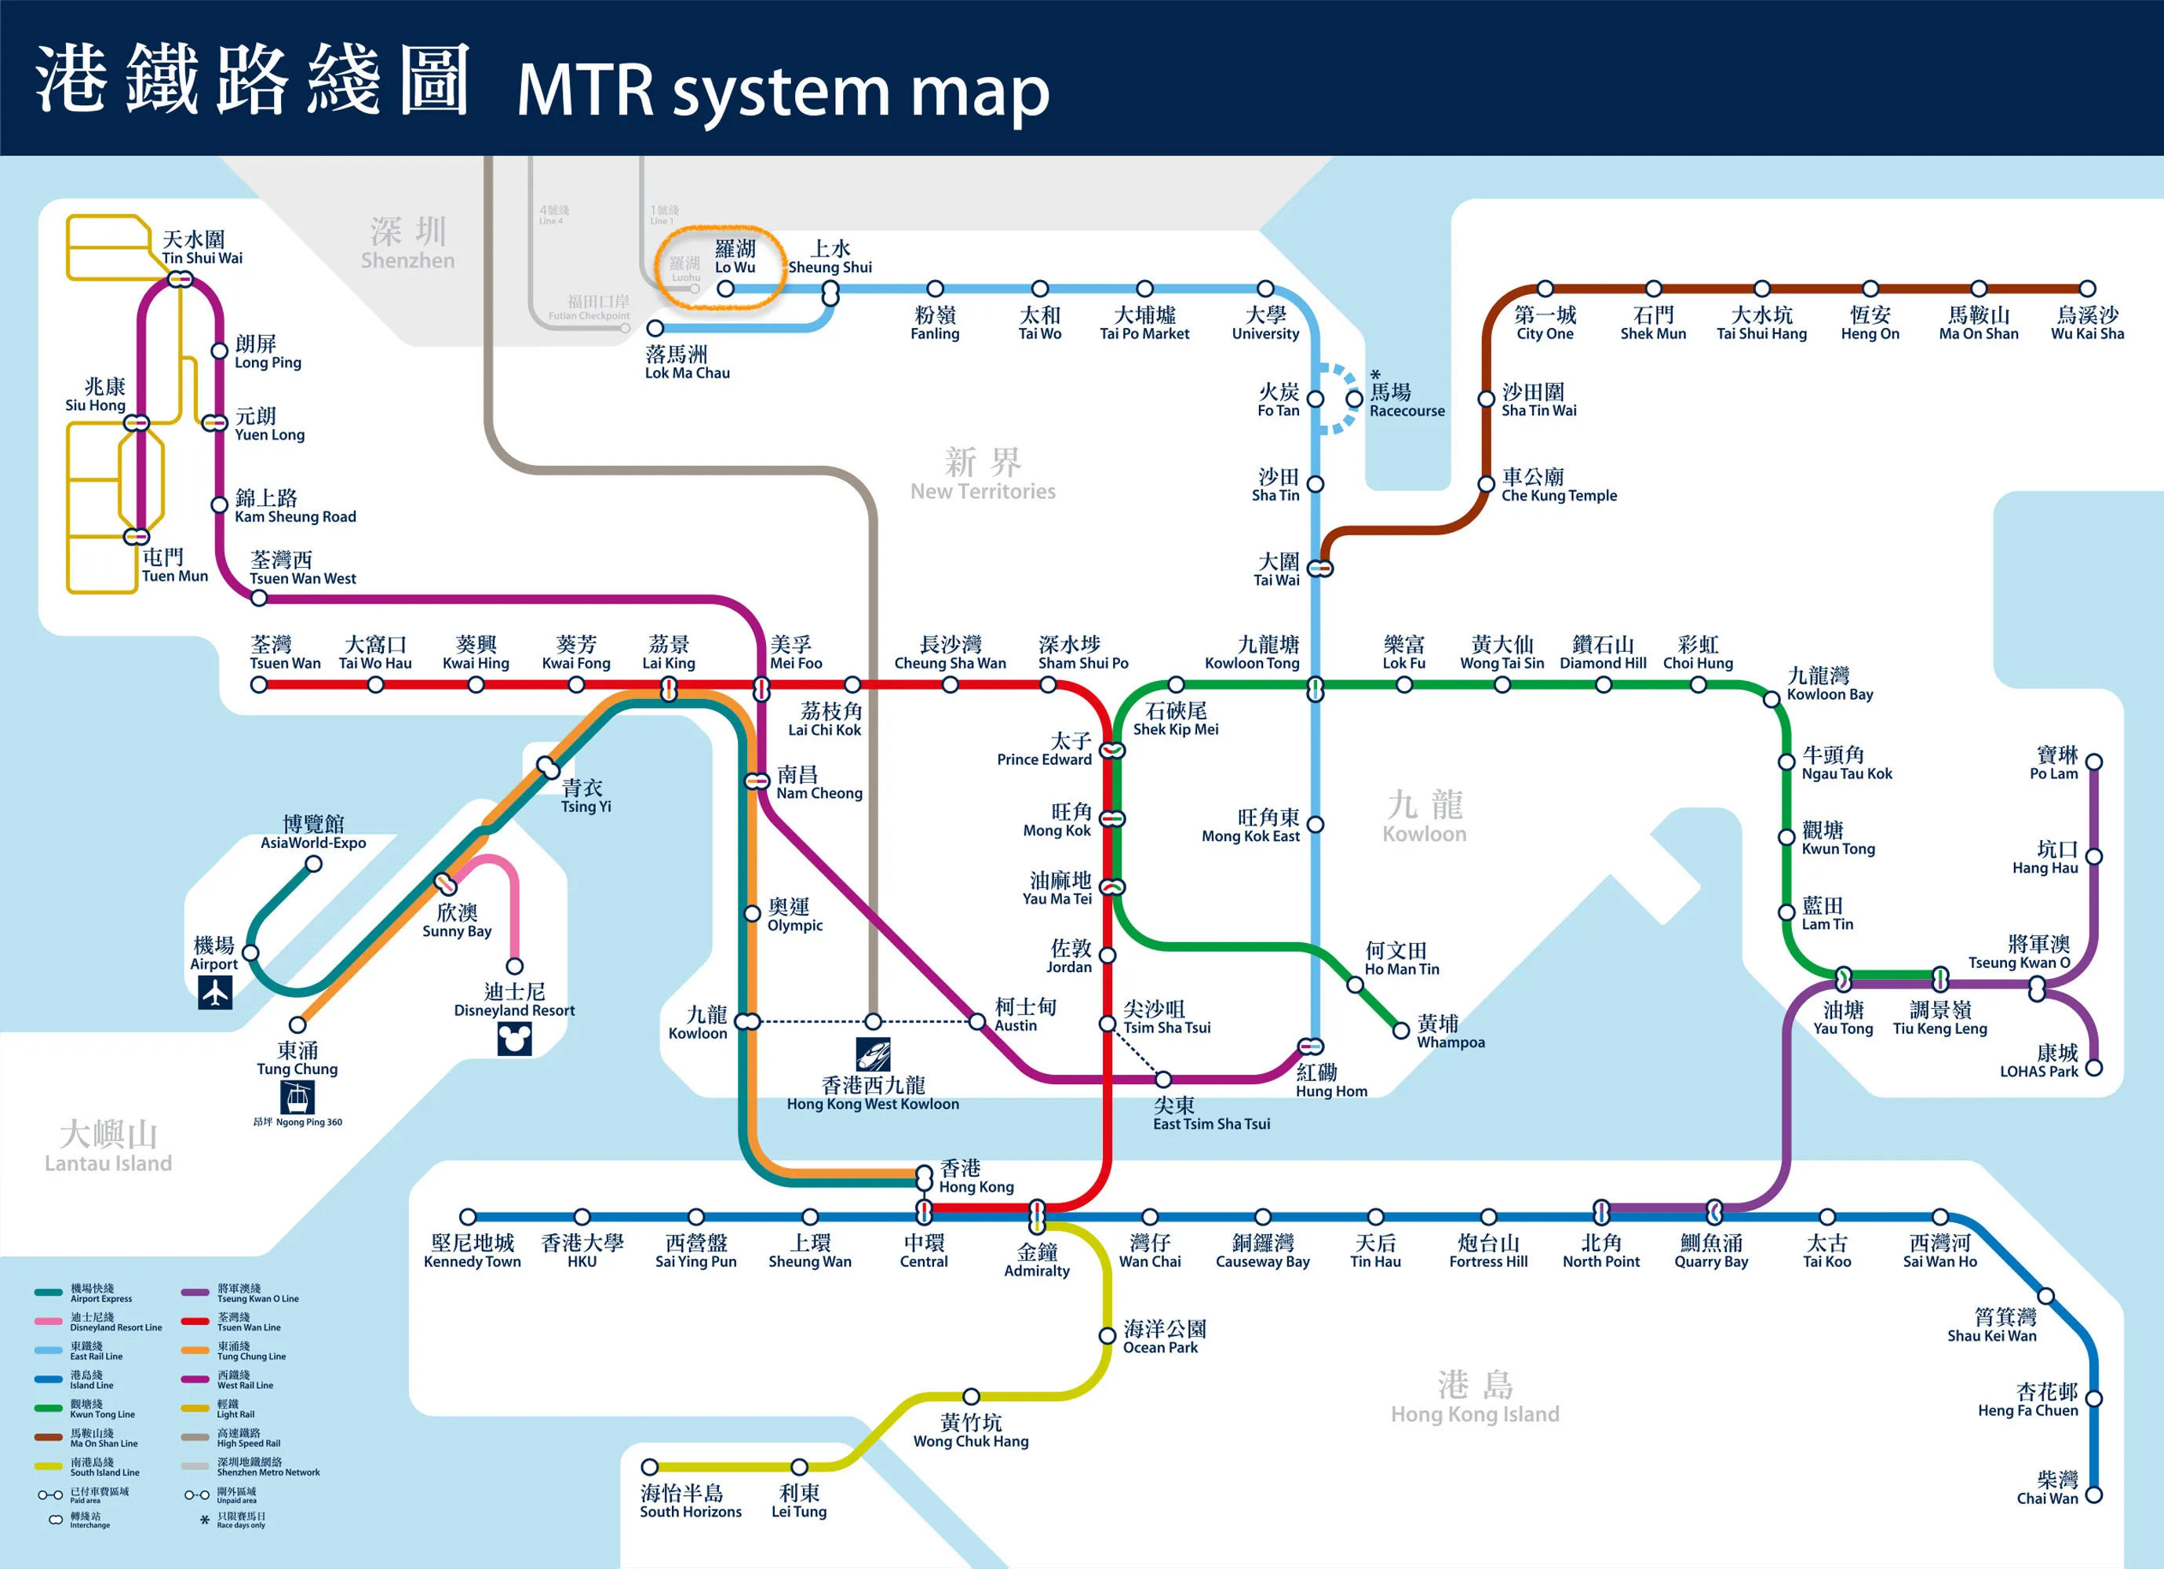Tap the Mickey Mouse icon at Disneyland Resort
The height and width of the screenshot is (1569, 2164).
(x=514, y=1039)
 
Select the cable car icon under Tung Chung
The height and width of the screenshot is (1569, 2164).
(x=297, y=1098)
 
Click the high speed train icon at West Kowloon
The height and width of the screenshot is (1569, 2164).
(x=872, y=1054)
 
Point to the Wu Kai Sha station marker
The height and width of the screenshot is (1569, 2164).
(x=2087, y=288)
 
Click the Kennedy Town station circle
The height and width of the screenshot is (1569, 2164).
(x=468, y=1216)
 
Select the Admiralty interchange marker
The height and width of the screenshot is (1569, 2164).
(x=1037, y=1215)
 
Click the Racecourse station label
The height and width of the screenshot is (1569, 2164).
(x=1407, y=401)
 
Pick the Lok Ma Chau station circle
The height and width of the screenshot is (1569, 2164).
(x=655, y=328)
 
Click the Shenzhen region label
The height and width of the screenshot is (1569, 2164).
(x=407, y=244)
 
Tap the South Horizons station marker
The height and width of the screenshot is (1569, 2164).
(x=650, y=1466)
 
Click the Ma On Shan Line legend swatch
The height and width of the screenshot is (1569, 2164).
(x=49, y=1437)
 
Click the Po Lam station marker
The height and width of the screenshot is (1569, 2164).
(x=2093, y=762)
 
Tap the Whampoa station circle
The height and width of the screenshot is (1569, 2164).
(x=1401, y=1030)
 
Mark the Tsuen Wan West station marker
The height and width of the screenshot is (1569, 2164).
(x=258, y=598)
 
